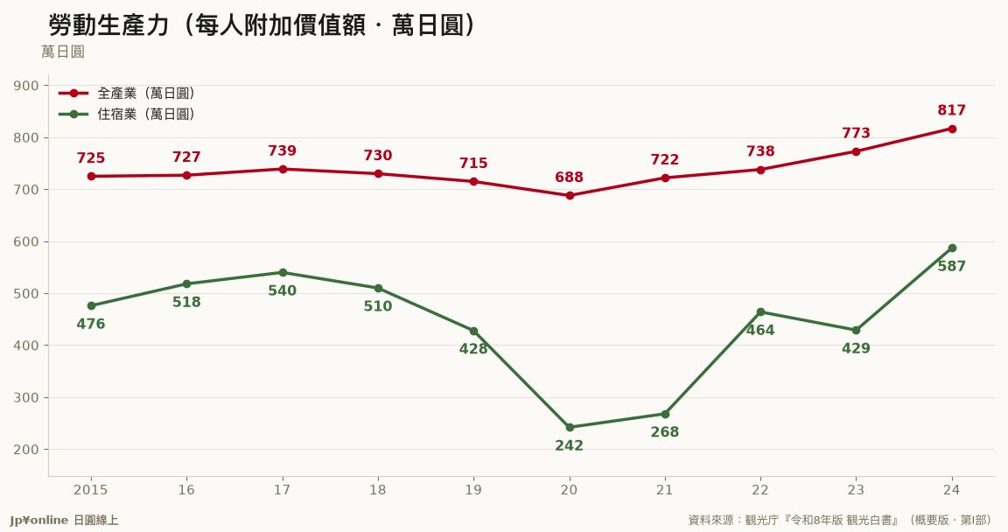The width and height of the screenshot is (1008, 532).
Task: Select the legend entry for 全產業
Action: pos(127,93)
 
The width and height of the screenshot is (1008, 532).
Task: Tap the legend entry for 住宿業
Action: pos(127,115)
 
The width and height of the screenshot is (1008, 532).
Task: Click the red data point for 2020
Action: pos(570,195)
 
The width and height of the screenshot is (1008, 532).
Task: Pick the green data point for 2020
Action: pos(570,427)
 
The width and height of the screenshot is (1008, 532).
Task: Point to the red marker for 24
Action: pos(952,129)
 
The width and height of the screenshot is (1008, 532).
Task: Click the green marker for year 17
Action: pos(283,272)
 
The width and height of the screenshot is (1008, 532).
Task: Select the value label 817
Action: pos(951,110)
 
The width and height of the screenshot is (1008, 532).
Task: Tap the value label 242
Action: pos(569,445)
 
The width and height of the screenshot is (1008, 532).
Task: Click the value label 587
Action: pos(951,266)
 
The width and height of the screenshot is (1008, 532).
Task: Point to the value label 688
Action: pos(569,178)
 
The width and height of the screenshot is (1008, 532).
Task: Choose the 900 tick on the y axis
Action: pos(25,86)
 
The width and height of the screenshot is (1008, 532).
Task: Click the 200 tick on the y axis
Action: pos(25,450)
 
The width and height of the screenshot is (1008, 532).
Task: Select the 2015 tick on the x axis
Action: pos(91,490)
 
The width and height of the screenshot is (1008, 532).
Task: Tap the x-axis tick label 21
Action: pos(665,490)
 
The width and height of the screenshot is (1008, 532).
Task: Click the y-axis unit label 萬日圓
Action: pos(63,52)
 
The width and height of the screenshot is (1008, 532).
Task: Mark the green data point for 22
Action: pos(760,312)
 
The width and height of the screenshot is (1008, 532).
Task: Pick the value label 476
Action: pos(91,325)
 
